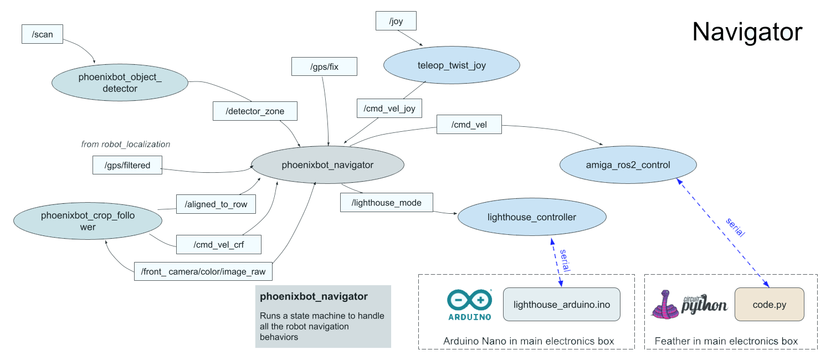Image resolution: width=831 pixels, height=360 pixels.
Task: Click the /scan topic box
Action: pyautogui.click(x=43, y=34)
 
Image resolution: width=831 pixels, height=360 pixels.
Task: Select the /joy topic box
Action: pyautogui.click(x=396, y=21)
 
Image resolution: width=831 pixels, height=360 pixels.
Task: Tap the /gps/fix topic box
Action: pyautogui.click(x=324, y=66)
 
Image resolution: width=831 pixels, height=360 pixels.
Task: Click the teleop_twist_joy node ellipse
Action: pyautogui.click(x=452, y=65)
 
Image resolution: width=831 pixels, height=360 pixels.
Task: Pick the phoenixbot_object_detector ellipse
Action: pyautogui.click(x=120, y=82)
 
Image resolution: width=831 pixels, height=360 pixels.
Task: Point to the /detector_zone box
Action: pyautogui.click(x=255, y=111)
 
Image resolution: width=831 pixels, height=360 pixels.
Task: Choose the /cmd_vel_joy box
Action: pyautogui.click(x=389, y=109)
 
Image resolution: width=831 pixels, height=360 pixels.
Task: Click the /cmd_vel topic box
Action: pyautogui.click(x=469, y=125)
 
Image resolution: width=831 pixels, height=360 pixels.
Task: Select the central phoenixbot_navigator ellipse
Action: pyautogui.click(x=327, y=164)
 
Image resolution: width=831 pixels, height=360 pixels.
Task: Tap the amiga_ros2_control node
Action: pyautogui.click(x=628, y=164)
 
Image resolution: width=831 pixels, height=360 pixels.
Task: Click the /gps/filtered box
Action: pyautogui.click(x=127, y=165)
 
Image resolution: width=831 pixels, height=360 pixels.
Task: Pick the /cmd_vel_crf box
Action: pyautogui.click(x=218, y=244)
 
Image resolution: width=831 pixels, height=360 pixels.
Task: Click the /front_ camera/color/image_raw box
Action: pyautogui.click(x=203, y=271)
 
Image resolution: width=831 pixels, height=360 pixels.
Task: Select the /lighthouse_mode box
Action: pyautogui.click(x=386, y=203)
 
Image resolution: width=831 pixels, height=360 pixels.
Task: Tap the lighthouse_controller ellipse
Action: pyautogui.click(x=532, y=217)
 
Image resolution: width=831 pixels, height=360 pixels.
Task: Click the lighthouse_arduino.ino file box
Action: pyautogui.click(x=561, y=304)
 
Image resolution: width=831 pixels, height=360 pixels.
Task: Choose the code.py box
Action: pyautogui.click(x=769, y=304)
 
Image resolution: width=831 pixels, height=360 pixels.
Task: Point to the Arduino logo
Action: pyautogui.click(x=469, y=305)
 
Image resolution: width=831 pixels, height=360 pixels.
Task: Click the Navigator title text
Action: pyautogui.click(x=747, y=32)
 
